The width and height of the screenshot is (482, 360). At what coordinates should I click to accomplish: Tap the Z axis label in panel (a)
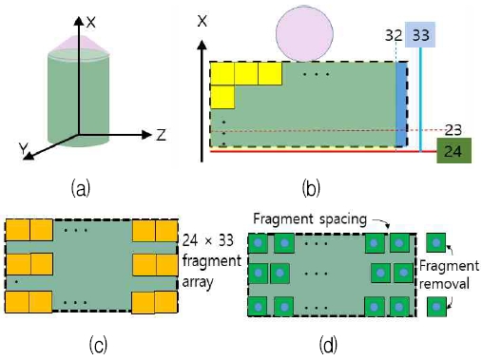pos(162,134)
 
